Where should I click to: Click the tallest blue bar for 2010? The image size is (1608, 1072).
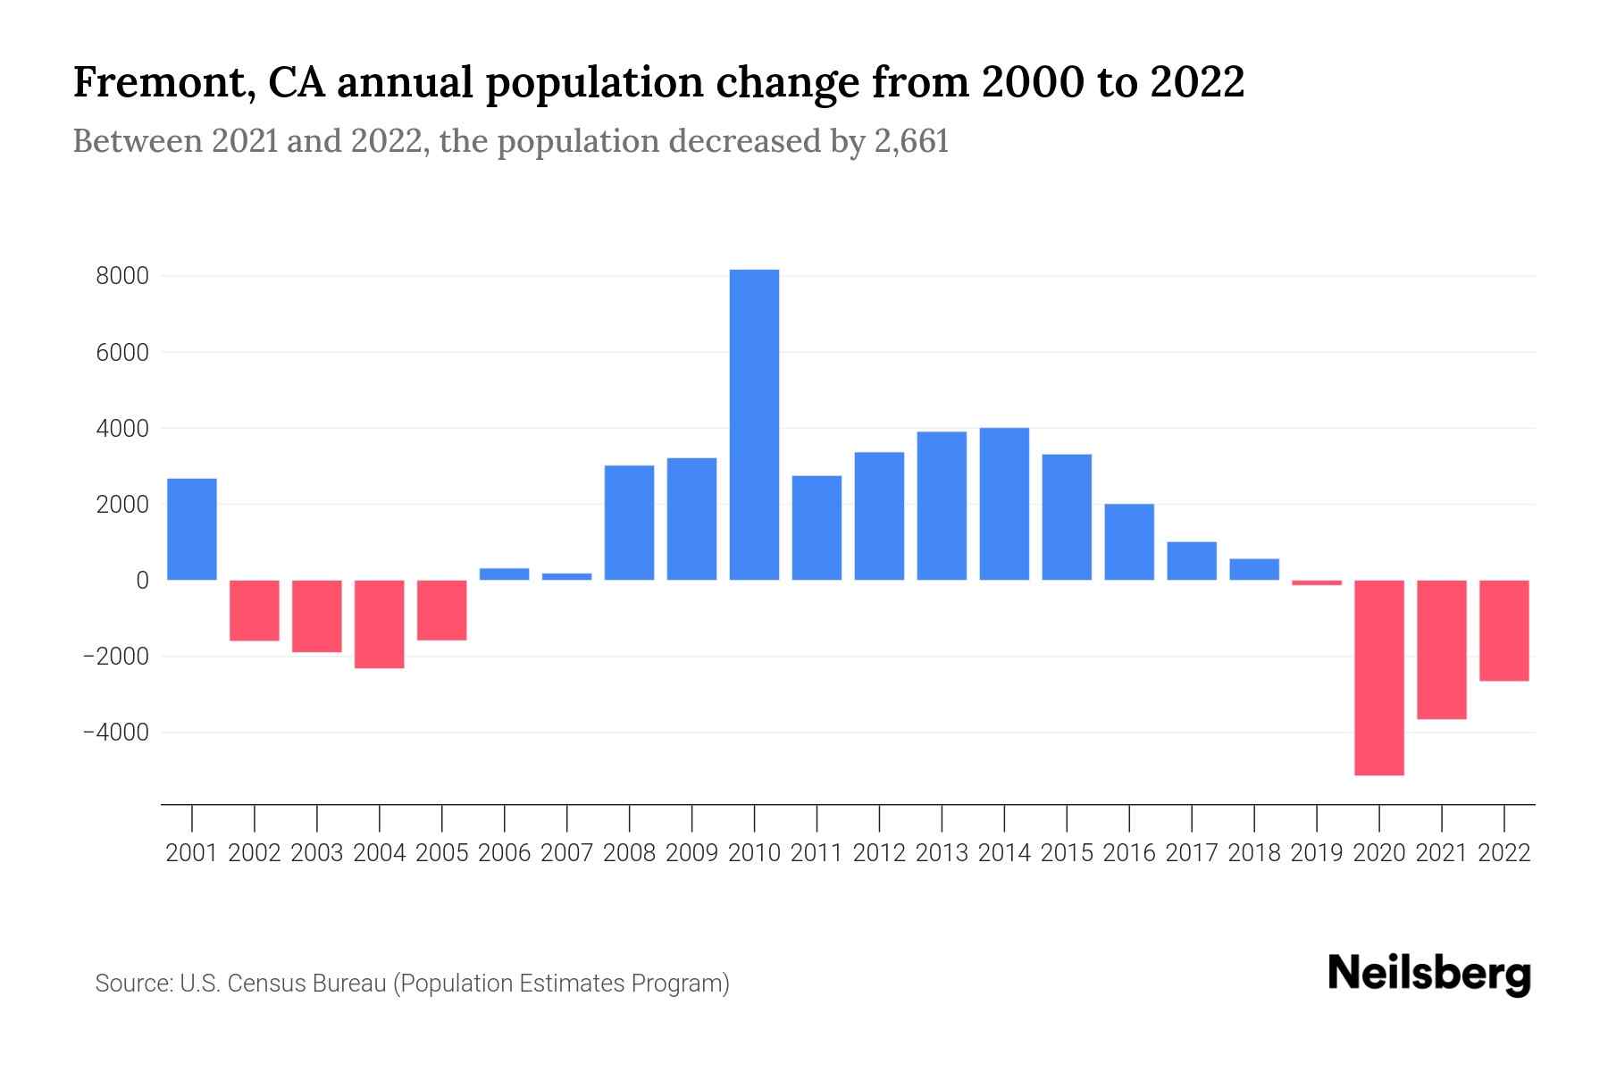(754, 424)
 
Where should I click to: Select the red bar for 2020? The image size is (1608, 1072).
(1379, 677)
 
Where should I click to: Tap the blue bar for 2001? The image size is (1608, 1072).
(192, 530)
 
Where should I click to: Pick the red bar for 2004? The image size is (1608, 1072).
(380, 624)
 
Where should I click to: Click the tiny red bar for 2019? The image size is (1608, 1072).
(1317, 582)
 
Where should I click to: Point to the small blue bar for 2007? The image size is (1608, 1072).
(567, 576)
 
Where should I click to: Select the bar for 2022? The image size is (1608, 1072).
(1504, 631)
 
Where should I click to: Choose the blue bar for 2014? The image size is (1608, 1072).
(1004, 504)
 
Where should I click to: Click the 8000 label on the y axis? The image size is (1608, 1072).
(122, 276)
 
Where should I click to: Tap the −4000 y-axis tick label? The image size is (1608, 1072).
(115, 733)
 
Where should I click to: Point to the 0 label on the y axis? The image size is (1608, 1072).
(142, 581)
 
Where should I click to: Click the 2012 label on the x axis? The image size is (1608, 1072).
(879, 853)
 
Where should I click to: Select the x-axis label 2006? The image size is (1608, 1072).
(505, 853)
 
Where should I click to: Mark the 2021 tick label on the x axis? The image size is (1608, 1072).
(1442, 853)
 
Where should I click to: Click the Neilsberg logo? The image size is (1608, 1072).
(1429, 975)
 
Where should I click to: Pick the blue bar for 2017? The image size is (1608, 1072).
(1192, 561)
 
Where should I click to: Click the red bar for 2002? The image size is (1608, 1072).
(255, 610)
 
